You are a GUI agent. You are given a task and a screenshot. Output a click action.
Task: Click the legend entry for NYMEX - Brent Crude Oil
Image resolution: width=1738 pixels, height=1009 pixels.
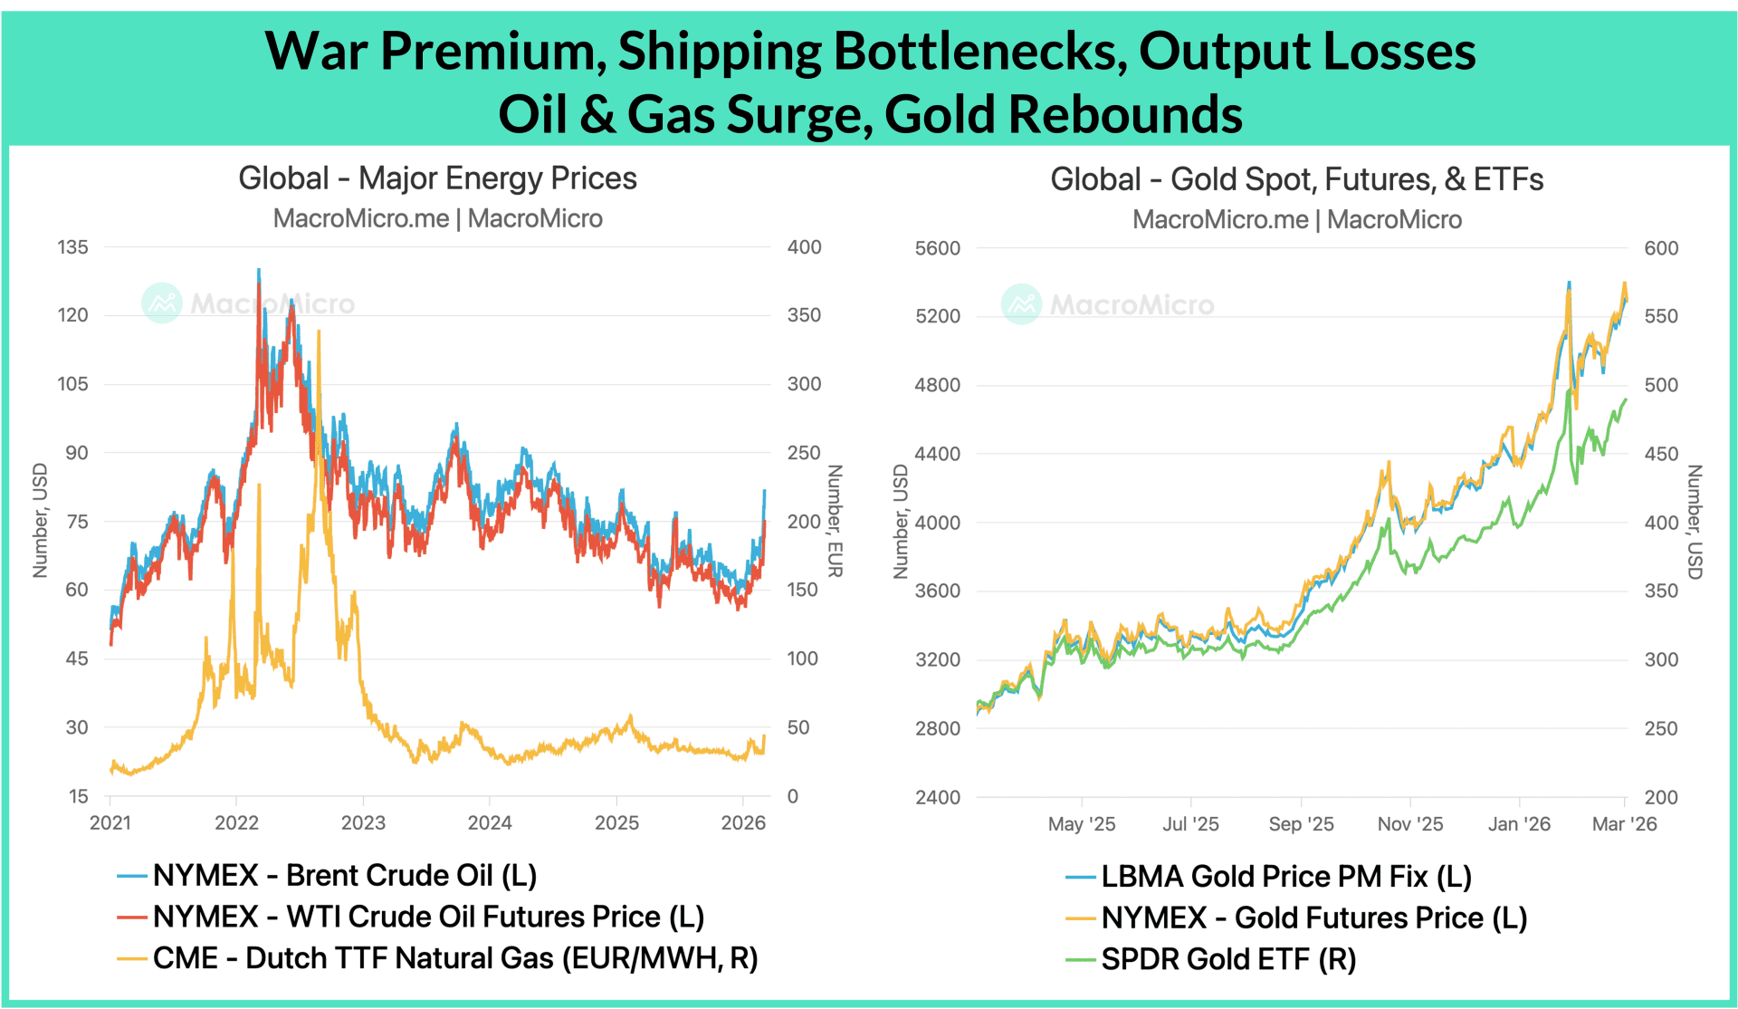[344, 876]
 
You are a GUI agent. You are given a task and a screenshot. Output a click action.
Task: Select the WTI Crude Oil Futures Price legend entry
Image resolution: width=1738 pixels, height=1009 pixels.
[427, 918]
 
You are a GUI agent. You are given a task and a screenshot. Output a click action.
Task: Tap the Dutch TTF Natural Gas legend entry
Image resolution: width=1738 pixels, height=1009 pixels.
[454, 958]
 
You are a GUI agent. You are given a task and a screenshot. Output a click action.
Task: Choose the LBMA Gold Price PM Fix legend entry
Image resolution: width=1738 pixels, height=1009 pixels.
[1285, 877]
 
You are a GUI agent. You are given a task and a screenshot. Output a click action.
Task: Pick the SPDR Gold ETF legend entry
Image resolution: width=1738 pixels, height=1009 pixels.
[1227, 959]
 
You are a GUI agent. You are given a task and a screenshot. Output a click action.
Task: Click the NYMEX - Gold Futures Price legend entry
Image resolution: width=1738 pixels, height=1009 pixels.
[1313, 918]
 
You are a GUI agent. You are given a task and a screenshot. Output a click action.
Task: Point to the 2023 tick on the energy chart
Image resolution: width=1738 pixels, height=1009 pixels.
[363, 822]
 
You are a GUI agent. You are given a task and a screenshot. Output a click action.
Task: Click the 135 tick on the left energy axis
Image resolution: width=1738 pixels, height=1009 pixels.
[72, 247]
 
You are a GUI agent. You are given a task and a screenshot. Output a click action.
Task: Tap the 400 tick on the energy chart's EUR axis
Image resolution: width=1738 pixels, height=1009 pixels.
[804, 247]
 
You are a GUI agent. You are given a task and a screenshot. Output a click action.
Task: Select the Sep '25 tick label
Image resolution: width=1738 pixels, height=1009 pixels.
[1301, 824]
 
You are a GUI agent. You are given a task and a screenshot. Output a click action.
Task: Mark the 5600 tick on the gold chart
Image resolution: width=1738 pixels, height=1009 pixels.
[937, 248]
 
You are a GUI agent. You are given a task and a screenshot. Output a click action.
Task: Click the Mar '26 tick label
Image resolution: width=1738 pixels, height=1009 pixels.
[1624, 824]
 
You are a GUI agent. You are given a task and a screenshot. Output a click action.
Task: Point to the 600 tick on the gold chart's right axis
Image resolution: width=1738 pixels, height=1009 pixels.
[1661, 248]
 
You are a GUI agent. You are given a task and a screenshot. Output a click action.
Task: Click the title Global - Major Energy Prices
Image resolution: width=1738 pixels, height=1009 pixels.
[437, 178]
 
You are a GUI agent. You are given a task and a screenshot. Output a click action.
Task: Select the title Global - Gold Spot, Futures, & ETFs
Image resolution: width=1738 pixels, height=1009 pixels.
[1296, 179]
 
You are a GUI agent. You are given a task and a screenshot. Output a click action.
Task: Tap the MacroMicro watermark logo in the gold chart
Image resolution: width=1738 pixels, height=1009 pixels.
[1021, 304]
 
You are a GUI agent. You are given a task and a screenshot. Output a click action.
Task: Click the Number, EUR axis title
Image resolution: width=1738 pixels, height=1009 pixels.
[835, 521]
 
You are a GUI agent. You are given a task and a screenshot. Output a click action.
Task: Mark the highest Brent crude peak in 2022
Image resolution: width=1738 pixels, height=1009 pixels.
[259, 270]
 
